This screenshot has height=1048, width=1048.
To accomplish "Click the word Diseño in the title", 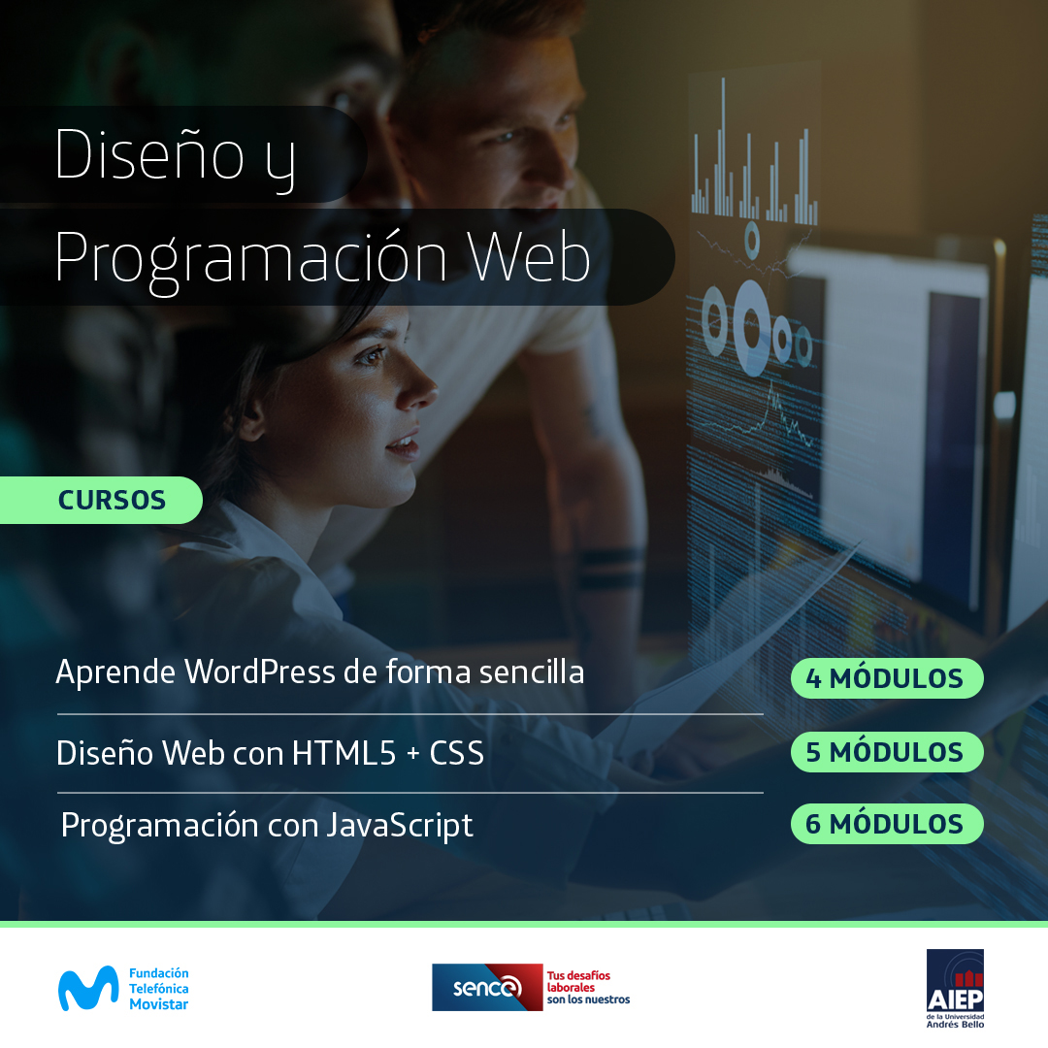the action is click(x=149, y=154).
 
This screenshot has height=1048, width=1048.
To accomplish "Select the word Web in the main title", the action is click(x=529, y=257).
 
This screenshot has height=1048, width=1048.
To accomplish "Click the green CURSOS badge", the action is click(x=101, y=500).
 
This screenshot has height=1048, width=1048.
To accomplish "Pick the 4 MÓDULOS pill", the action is click(x=887, y=678).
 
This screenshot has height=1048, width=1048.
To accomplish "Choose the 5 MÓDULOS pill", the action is click(x=887, y=752).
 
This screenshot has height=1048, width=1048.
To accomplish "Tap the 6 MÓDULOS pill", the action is click(x=887, y=824).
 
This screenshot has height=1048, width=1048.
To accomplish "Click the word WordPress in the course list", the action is click(x=260, y=671).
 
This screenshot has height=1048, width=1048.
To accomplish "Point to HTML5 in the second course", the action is click(x=344, y=753).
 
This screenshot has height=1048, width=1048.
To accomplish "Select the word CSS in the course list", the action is click(x=456, y=753).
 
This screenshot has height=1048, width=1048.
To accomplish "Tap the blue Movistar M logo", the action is click(x=88, y=988).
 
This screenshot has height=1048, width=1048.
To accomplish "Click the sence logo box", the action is click(x=487, y=987).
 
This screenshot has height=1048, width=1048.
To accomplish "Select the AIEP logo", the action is click(x=955, y=989).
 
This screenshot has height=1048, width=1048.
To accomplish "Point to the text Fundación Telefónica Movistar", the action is click(x=158, y=989).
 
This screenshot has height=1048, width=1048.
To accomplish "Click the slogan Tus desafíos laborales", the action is click(x=578, y=981).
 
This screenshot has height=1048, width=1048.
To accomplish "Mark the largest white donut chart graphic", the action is click(x=751, y=328).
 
